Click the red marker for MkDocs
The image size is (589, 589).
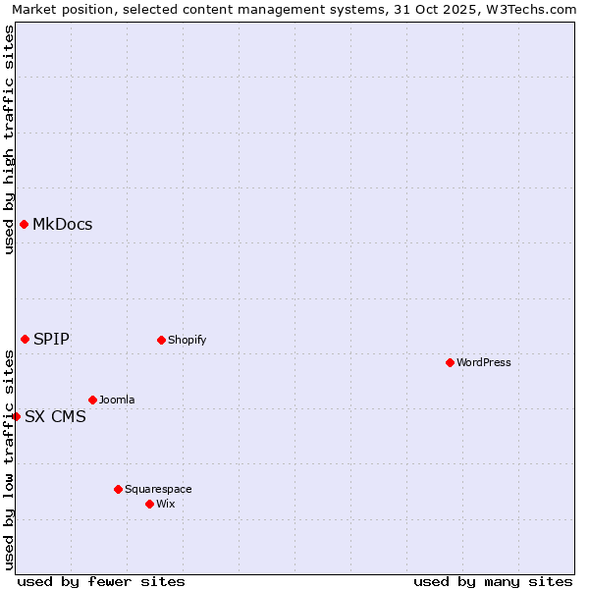tap(24, 225)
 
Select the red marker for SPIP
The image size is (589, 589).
tap(26, 340)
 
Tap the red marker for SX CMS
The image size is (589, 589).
tap(16, 416)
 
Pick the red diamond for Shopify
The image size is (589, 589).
tap(161, 341)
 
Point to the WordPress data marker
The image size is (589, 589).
tap(450, 363)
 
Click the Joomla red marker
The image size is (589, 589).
tap(92, 401)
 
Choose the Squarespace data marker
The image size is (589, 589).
tap(118, 489)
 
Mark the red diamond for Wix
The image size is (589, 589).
tap(149, 505)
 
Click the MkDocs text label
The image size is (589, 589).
tap(62, 225)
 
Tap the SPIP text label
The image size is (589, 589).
tap(51, 340)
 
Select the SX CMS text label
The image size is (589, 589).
tap(55, 416)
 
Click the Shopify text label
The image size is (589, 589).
tap(187, 341)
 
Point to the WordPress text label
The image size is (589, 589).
tap(484, 363)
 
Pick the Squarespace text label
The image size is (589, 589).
tap(158, 490)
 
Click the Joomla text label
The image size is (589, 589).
tap(117, 401)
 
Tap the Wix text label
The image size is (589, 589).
tap(165, 505)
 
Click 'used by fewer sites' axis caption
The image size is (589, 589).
tap(101, 581)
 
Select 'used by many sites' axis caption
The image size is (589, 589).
tap(493, 581)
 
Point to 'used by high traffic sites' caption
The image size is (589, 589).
tap(9, 139)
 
